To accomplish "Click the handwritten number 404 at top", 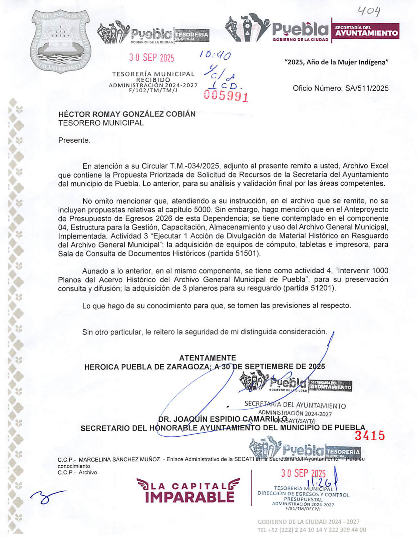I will pyautogui.click(x=369, y=12).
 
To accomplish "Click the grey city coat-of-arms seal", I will pyautogui.click(x=61, y=41).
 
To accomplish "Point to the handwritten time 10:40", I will pyautogui.click(x=215, y=56).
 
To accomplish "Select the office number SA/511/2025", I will pyautogui.click(x=367, y=88).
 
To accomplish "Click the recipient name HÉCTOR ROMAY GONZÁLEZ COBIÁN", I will pyautogui.click(x=127, y=114).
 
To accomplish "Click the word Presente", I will pyautogui.click(x=74, y=140).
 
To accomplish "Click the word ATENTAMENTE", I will pyautogui.click(x=208, y=358).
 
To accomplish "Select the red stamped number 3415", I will pyautogui.click(x=370, y=435).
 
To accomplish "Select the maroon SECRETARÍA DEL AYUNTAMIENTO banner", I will pyautogui.click(x=366, y=31).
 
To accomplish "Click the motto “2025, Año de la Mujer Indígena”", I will pyautogui.click(x=336, y=62).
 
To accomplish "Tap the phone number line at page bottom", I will pyautogui.click(x=311, y=530).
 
